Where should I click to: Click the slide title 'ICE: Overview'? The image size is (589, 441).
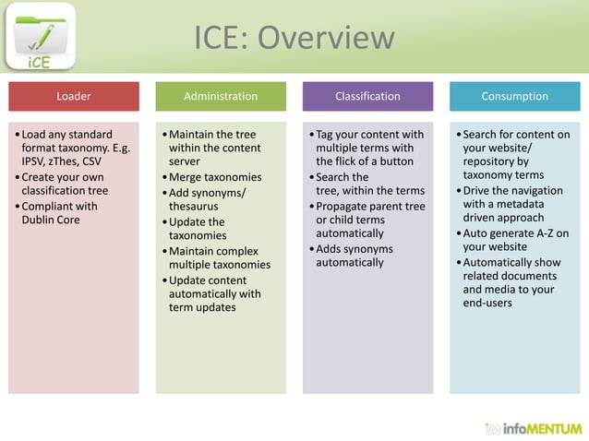(294, 38)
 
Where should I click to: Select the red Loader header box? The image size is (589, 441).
(74, 96)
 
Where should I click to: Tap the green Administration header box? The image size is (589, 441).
(221, 96)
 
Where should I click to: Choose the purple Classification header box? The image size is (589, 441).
(367, 96)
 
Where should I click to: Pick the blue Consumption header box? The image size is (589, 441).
(514, 96)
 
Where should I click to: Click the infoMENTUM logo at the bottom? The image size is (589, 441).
(534, 428)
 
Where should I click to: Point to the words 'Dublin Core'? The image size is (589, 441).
(51, 220)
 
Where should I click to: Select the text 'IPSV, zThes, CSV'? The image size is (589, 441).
(62, 161)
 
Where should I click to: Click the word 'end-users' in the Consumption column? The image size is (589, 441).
(487, 303)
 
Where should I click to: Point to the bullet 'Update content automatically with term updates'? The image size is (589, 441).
(214, 294)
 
